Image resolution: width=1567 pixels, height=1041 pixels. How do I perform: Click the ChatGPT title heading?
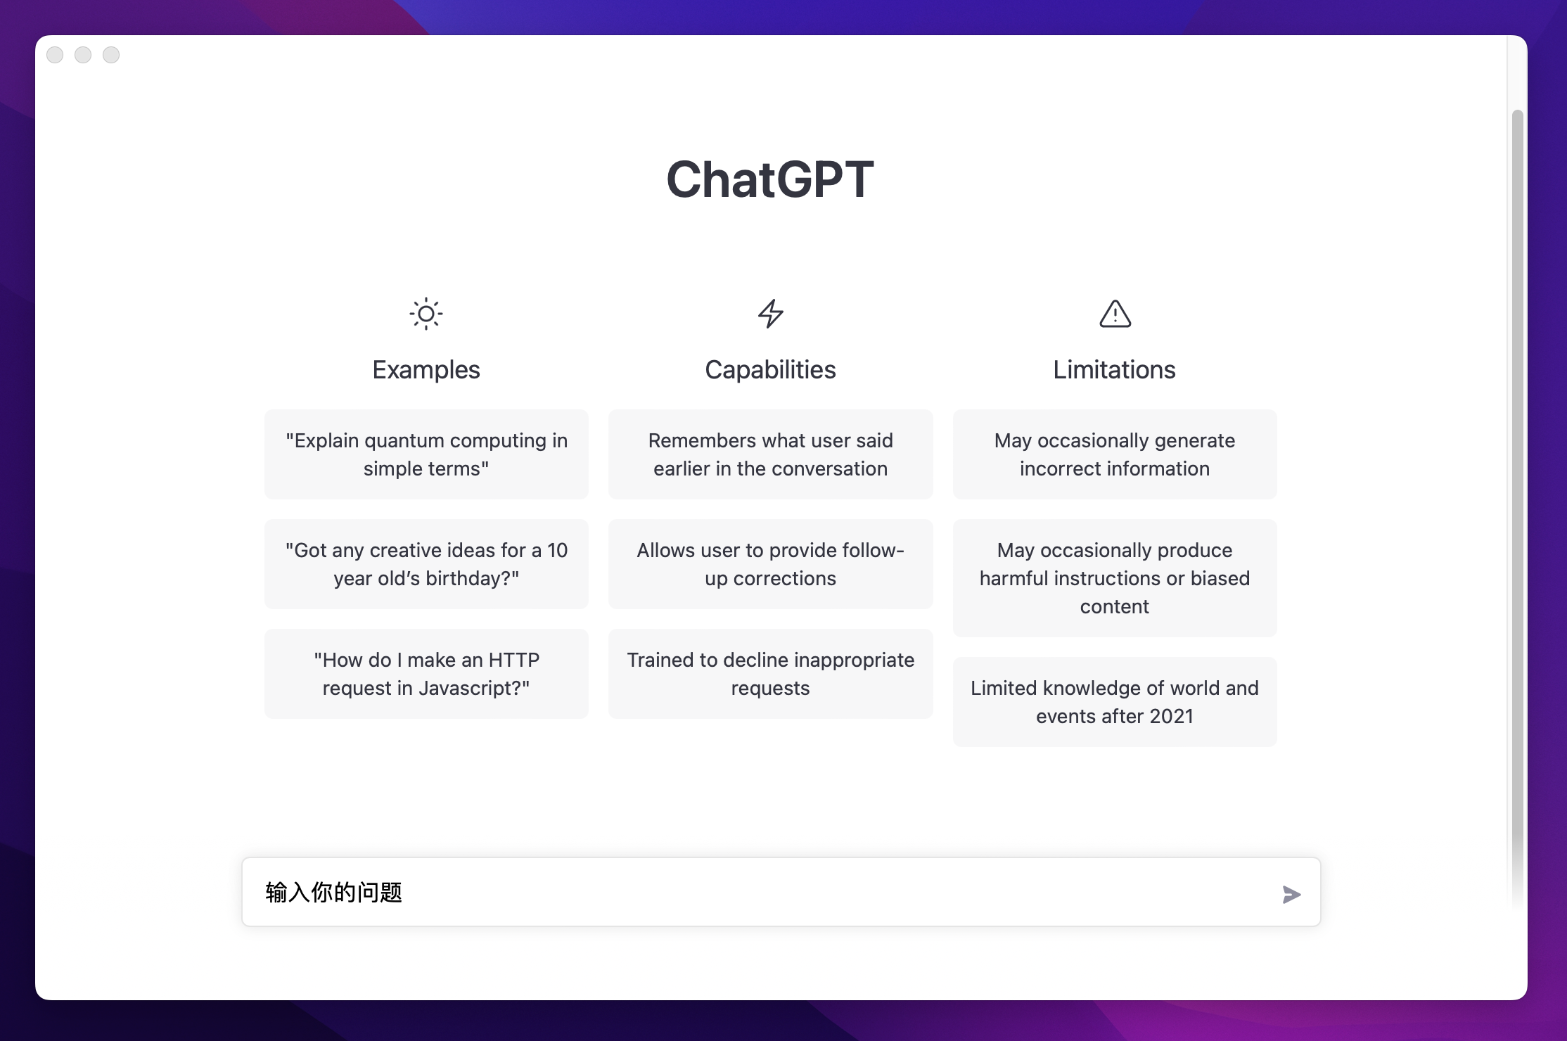pos(770,179)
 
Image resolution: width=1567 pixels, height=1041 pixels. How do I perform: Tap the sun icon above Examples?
pos(426,314)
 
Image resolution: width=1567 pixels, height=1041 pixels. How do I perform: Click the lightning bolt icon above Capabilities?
pos(771,314)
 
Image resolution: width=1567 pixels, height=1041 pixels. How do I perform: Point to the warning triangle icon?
pos(1115,314)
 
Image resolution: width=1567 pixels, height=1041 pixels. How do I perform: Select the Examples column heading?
pos(426,370)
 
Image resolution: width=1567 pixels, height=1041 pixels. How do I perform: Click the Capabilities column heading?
pos(770,370)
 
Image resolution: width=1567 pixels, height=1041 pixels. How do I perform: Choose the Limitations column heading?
pos(1114,370)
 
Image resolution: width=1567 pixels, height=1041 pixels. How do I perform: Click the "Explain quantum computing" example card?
pos(426,454)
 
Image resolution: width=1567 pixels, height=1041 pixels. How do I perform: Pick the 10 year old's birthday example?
pos(426,564)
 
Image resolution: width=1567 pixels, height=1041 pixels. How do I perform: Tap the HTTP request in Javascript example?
pos(426,674)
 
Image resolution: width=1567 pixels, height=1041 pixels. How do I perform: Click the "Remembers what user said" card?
pos(770,454)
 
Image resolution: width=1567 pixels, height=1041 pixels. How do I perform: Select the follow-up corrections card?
pos(770,564)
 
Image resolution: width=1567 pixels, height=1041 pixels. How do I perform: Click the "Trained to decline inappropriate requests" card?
pos(770,674)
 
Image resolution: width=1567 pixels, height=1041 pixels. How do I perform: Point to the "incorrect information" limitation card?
pos(1115,454)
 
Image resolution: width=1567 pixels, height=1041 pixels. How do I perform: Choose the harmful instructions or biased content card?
pos(1115,578)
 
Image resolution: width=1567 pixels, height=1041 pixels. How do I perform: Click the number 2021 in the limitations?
pos(1171,716)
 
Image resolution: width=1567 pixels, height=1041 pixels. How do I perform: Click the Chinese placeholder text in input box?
pos(334,893)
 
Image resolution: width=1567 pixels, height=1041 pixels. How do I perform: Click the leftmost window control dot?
pos(55,55)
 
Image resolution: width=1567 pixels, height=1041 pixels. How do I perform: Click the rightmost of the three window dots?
pos(111,55)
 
